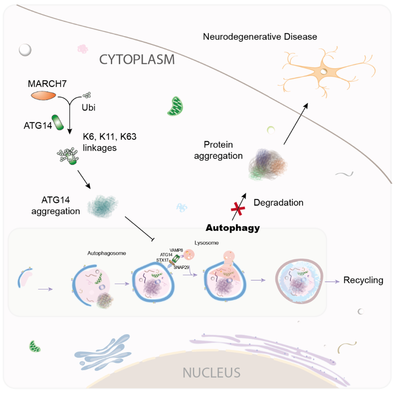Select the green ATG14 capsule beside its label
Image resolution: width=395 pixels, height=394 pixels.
tap(59, 122)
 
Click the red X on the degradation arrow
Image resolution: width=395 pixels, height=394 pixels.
tap(238, 209)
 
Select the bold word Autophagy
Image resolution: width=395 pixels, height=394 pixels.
tap(232, 227)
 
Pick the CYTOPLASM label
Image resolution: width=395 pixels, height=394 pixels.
tap(137, 60)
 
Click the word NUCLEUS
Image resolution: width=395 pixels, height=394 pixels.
tap(211, 373)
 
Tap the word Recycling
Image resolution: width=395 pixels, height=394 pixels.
tap(363, 281)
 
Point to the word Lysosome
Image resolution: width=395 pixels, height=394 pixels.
tap(205, 242)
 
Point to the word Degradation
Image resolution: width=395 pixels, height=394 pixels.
tap(279, 202)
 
